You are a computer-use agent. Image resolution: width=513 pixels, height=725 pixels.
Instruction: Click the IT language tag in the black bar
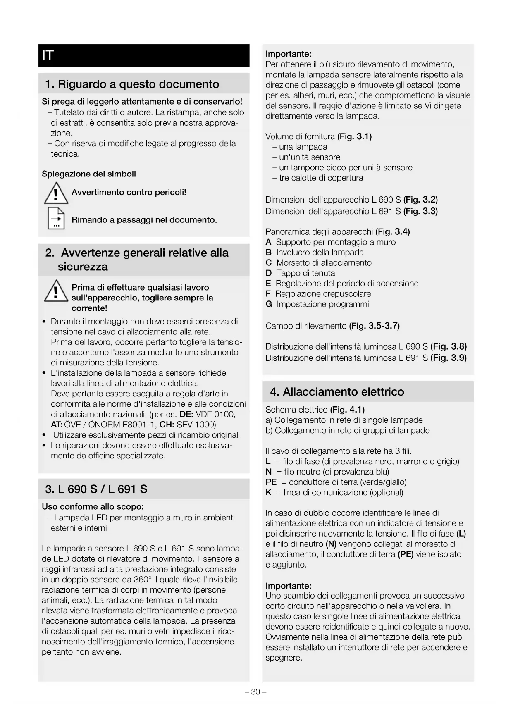click(x=48, y=55)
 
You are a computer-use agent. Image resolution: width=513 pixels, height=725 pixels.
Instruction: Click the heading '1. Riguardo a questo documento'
click(x=132, y=84)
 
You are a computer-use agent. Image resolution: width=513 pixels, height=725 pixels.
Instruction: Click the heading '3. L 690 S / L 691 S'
click(x=96, y=489)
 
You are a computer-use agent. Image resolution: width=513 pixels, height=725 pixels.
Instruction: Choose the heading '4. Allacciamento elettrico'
click(x=337, y=392)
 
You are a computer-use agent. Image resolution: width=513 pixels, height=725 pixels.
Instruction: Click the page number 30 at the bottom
click(x=256, y=692)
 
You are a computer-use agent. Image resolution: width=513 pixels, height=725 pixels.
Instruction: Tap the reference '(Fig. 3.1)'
click(x=354, y=137)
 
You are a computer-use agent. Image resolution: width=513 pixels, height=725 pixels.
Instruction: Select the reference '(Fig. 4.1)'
click(x=347, y=410)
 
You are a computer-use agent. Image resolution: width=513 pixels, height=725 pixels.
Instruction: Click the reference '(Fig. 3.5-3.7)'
click(x=374, y=326)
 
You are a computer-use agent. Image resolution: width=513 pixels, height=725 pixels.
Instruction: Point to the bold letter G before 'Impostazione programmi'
click(x=269, y=305)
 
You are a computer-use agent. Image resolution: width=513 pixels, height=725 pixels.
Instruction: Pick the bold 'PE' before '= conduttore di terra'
click(x=271, y=482)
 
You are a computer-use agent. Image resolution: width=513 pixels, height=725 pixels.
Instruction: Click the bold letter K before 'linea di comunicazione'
click(x=269, y=493)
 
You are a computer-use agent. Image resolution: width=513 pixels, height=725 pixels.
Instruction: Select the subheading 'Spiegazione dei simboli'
click(x=89, y=174)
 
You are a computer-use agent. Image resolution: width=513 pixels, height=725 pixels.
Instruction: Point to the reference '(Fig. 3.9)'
click(x=449, y=358)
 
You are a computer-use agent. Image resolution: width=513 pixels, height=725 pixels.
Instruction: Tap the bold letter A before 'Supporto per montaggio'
click(x=269, y=243)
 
